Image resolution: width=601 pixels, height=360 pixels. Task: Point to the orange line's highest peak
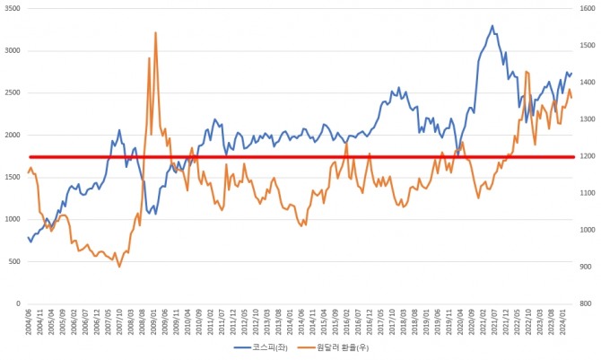coord(156,32)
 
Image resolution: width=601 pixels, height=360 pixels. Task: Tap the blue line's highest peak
coord(492,26)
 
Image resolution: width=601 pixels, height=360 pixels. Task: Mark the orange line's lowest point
coord(119,267)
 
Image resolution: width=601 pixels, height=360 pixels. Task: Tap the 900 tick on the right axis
coord(587,267)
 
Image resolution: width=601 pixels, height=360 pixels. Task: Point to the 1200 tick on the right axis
coord(588,156)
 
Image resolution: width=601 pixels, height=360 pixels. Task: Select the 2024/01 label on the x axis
coord(562,320)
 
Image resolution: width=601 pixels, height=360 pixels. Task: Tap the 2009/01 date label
coord(153,320)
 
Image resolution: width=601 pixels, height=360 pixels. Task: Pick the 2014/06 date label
coord(300,320)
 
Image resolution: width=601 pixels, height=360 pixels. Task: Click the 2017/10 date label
coord(391,320)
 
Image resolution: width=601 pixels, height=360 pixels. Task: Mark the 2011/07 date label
coord(222,320)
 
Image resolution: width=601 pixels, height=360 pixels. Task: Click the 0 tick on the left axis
coord(18,303)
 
